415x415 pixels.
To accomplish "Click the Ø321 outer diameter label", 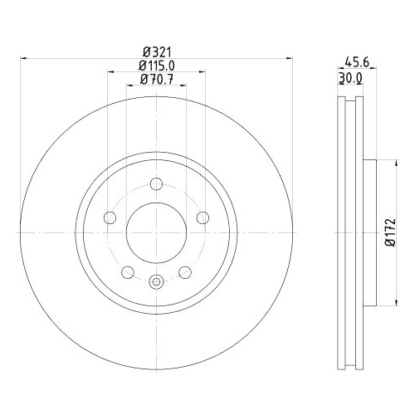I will pos(155,51).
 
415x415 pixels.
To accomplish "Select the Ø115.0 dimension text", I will pos(155,66).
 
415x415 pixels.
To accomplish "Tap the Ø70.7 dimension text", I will pos(155,80).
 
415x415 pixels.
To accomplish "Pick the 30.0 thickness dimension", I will pos(352,78).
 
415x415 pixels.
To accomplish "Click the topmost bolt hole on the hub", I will pos(155,185).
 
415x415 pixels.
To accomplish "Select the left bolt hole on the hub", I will pos(109,218).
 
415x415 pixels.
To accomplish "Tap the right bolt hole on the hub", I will pos(202,218).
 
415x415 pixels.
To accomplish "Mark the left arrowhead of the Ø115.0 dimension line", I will pos(110,72).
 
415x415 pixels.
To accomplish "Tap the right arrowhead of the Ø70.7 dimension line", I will pos(183,86).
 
